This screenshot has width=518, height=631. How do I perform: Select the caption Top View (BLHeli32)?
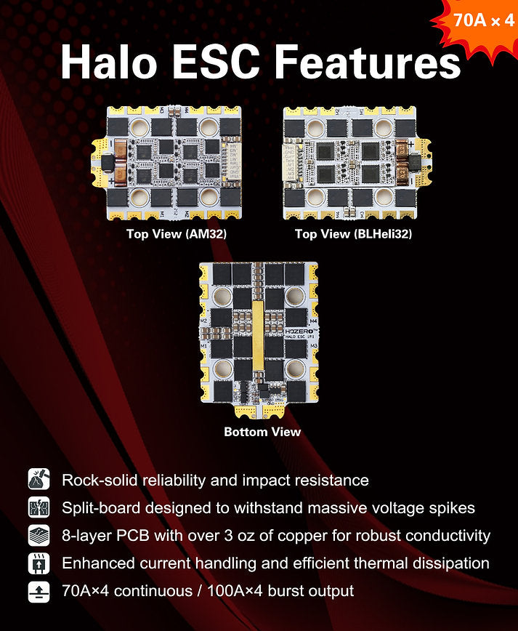click(x=353, y=234)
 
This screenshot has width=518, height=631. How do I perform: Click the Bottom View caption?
click(x=262, y=432)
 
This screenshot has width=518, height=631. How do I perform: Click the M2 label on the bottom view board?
click(x=206, y=321)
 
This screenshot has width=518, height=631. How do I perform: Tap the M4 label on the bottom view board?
click(x=313, y=321)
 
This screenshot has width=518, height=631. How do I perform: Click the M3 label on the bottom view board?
click(x=313, y=346)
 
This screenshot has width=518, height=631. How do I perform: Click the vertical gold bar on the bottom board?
click(x=258, y=334)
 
